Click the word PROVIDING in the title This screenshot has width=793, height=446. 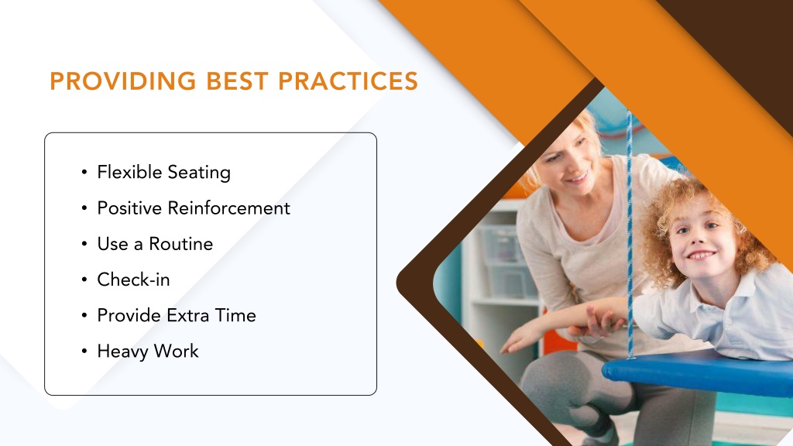(123, 81)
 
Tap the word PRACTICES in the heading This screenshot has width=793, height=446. (348, 81)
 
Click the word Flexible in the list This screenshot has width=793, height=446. (129, 172)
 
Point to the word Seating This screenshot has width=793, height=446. (199, 173)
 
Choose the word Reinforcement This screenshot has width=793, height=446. (228, 208)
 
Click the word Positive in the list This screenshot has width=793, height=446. (129, 208)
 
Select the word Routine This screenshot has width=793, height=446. (180, 244)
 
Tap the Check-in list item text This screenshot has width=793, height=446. (133, 280)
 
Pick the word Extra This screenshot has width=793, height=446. (187, 316)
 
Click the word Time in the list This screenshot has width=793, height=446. (235, 316)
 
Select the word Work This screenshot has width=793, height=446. (176, 351)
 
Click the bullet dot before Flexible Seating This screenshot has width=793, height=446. (84, 173)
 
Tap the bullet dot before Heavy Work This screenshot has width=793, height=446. (84, 352)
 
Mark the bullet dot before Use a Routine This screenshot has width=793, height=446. (84, 244)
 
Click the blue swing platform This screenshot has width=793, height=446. (698, 373)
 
